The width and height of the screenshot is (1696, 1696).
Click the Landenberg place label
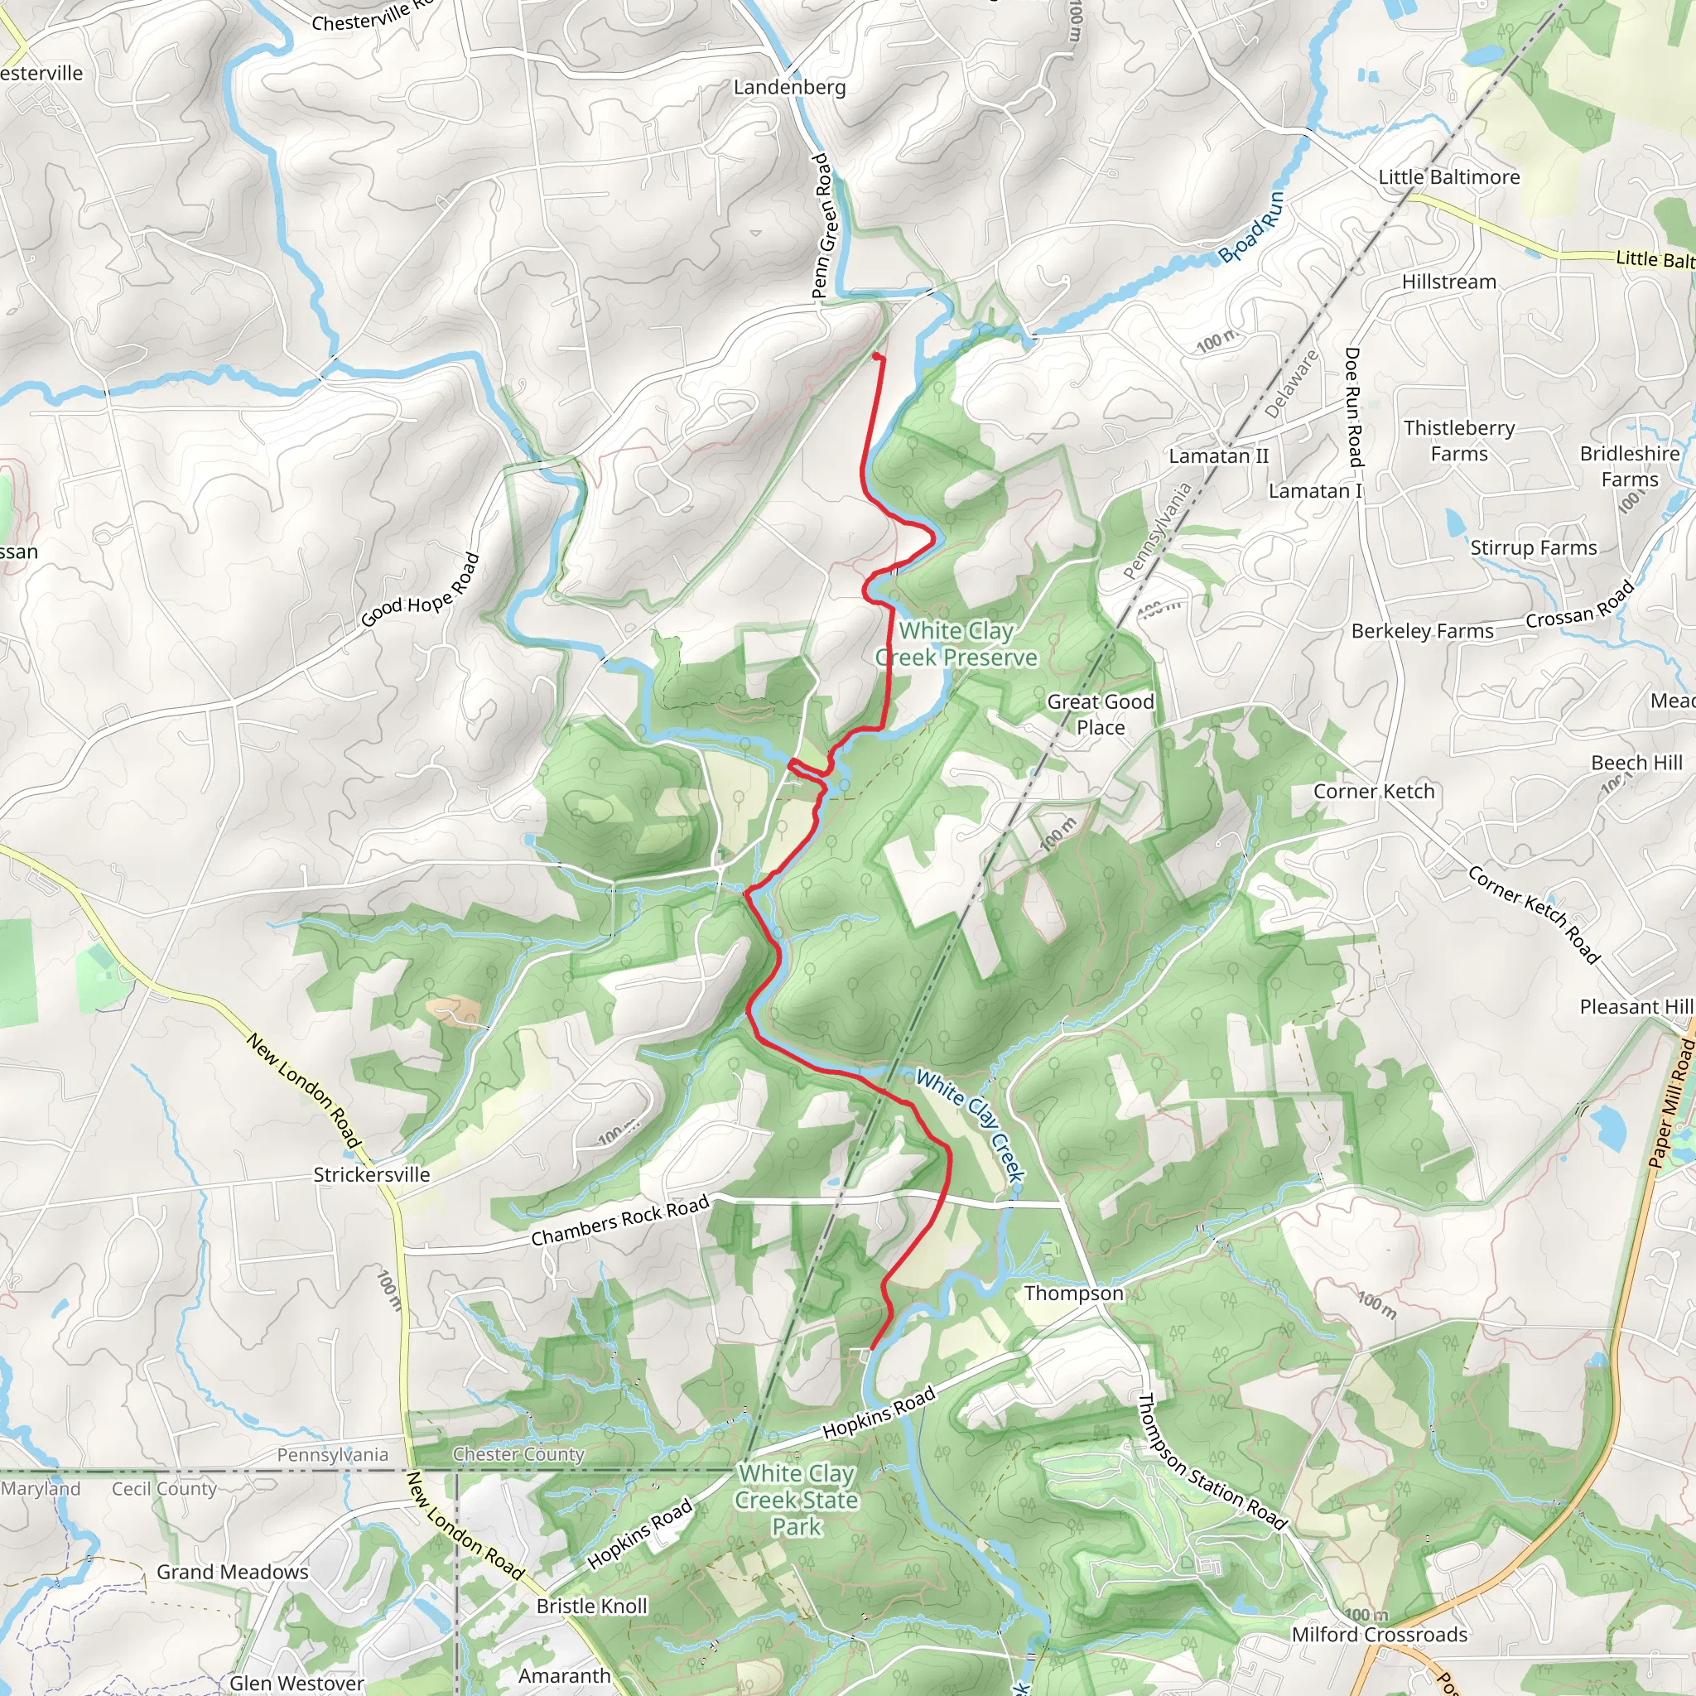789,87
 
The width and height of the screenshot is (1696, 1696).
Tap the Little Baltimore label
1448,177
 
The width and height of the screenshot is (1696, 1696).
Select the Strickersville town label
371,1174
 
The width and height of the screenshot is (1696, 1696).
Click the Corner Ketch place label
1373,791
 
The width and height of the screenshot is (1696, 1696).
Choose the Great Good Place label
1100,714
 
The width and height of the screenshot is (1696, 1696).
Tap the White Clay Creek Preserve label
956,643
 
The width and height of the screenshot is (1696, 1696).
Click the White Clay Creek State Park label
796,1500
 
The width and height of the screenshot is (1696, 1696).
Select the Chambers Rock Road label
619,1220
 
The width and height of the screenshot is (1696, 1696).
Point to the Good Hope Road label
421,590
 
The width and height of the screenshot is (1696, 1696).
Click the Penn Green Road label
821,225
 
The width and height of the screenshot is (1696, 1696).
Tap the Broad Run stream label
1252,228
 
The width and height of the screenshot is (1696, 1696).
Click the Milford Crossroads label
1379,1635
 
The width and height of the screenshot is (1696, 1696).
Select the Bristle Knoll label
590,1606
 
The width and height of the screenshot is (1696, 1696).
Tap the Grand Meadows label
232,1571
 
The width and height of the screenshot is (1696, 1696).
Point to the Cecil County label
163,1489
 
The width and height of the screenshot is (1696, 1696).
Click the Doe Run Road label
1353,407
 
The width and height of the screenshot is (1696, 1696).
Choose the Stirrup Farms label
1533,547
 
